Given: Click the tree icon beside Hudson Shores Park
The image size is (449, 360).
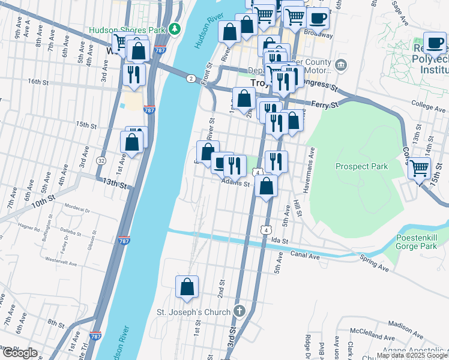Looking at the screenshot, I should click(x=175, y=28).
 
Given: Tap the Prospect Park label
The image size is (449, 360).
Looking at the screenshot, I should click(x=361, y=166).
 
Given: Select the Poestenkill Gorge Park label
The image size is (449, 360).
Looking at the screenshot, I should click(x=416, y=242).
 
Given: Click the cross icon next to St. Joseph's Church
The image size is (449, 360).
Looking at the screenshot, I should click(x=240, y=311).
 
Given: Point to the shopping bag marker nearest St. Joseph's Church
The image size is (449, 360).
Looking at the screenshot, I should click(x=187, y=287).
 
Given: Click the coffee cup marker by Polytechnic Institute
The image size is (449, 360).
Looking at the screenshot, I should click(x=435, y=43).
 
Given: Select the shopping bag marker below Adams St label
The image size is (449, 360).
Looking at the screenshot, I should click(x=267, y=185).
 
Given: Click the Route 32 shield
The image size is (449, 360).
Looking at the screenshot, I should click(x=102, y=161).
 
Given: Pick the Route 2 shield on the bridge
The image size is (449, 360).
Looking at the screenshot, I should click(x=190, y=79).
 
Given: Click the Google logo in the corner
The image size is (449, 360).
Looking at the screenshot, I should click(x=20, y=353).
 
